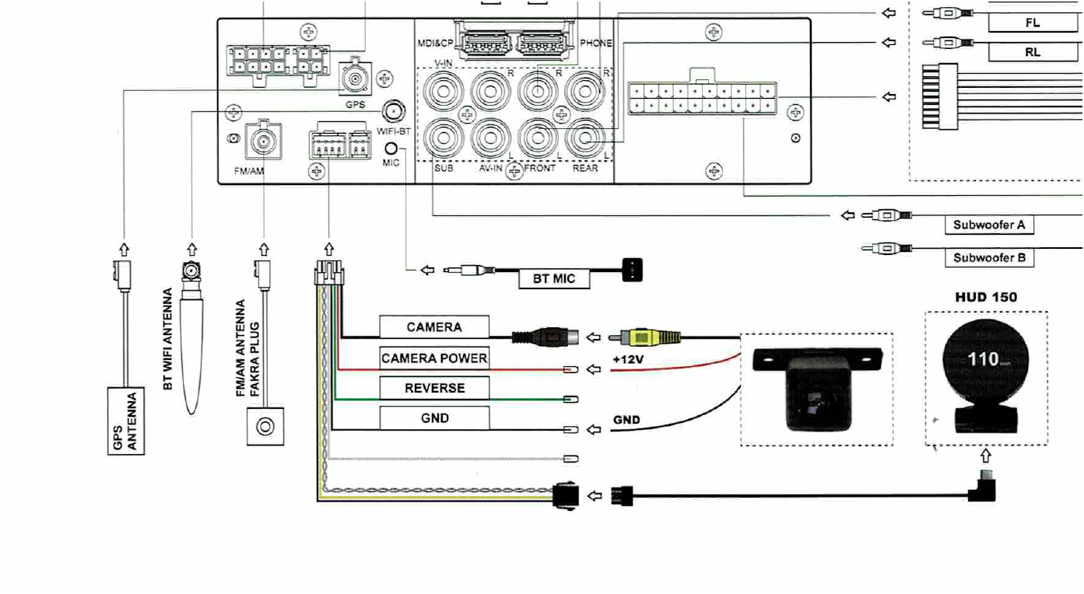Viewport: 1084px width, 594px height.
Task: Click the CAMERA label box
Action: tap(434, 327)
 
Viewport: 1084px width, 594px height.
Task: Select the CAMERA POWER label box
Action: tap(434, 358)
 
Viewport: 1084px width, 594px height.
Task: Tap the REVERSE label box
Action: tap(434, 388)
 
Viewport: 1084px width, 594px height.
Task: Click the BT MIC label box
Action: tap(554, 278)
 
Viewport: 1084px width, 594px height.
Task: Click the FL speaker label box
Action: tap(1032, 23)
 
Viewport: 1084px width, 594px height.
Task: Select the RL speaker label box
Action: tap(1032, 53)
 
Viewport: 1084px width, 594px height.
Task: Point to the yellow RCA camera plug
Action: tap(651, 337)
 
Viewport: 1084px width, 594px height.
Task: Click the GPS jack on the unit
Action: tap(356, 79)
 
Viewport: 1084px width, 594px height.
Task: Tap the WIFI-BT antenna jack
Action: tap(393, 110)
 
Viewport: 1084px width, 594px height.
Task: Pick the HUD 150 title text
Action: tap(986, 297)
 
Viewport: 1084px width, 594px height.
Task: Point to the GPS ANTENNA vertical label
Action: tap(125, 421)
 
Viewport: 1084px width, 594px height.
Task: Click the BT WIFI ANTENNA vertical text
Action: tap(168, 339)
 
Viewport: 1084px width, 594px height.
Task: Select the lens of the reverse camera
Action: tap(814, 405)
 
